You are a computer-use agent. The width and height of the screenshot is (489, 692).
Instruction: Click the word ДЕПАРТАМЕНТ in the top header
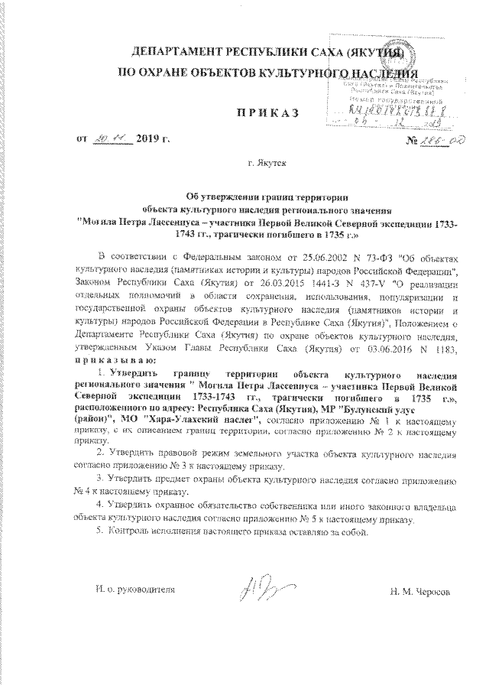(177, 53)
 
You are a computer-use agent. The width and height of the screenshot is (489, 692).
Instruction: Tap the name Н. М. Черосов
(420, 593)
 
